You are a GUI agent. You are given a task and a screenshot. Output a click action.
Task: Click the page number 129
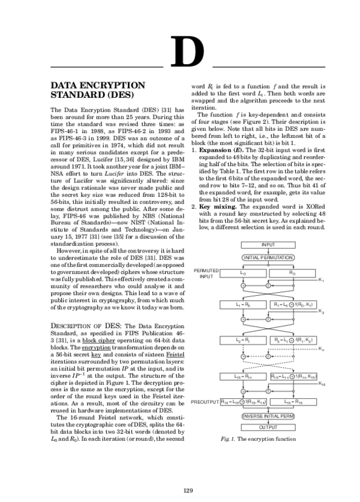point(187,490)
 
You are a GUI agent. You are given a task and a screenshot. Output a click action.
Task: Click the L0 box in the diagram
point(242,272)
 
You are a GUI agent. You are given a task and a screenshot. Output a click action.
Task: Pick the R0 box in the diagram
point(292,272)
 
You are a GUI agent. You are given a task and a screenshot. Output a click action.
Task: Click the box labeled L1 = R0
point(242,305)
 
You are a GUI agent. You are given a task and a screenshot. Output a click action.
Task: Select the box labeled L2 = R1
point(242,340)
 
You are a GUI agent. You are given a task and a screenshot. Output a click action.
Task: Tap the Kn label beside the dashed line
point(322,349)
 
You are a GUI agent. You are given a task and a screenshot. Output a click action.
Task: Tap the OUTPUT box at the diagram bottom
point(268,427)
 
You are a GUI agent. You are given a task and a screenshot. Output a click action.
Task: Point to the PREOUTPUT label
point(205,402)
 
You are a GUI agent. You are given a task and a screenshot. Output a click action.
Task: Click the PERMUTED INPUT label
point(206,274)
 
